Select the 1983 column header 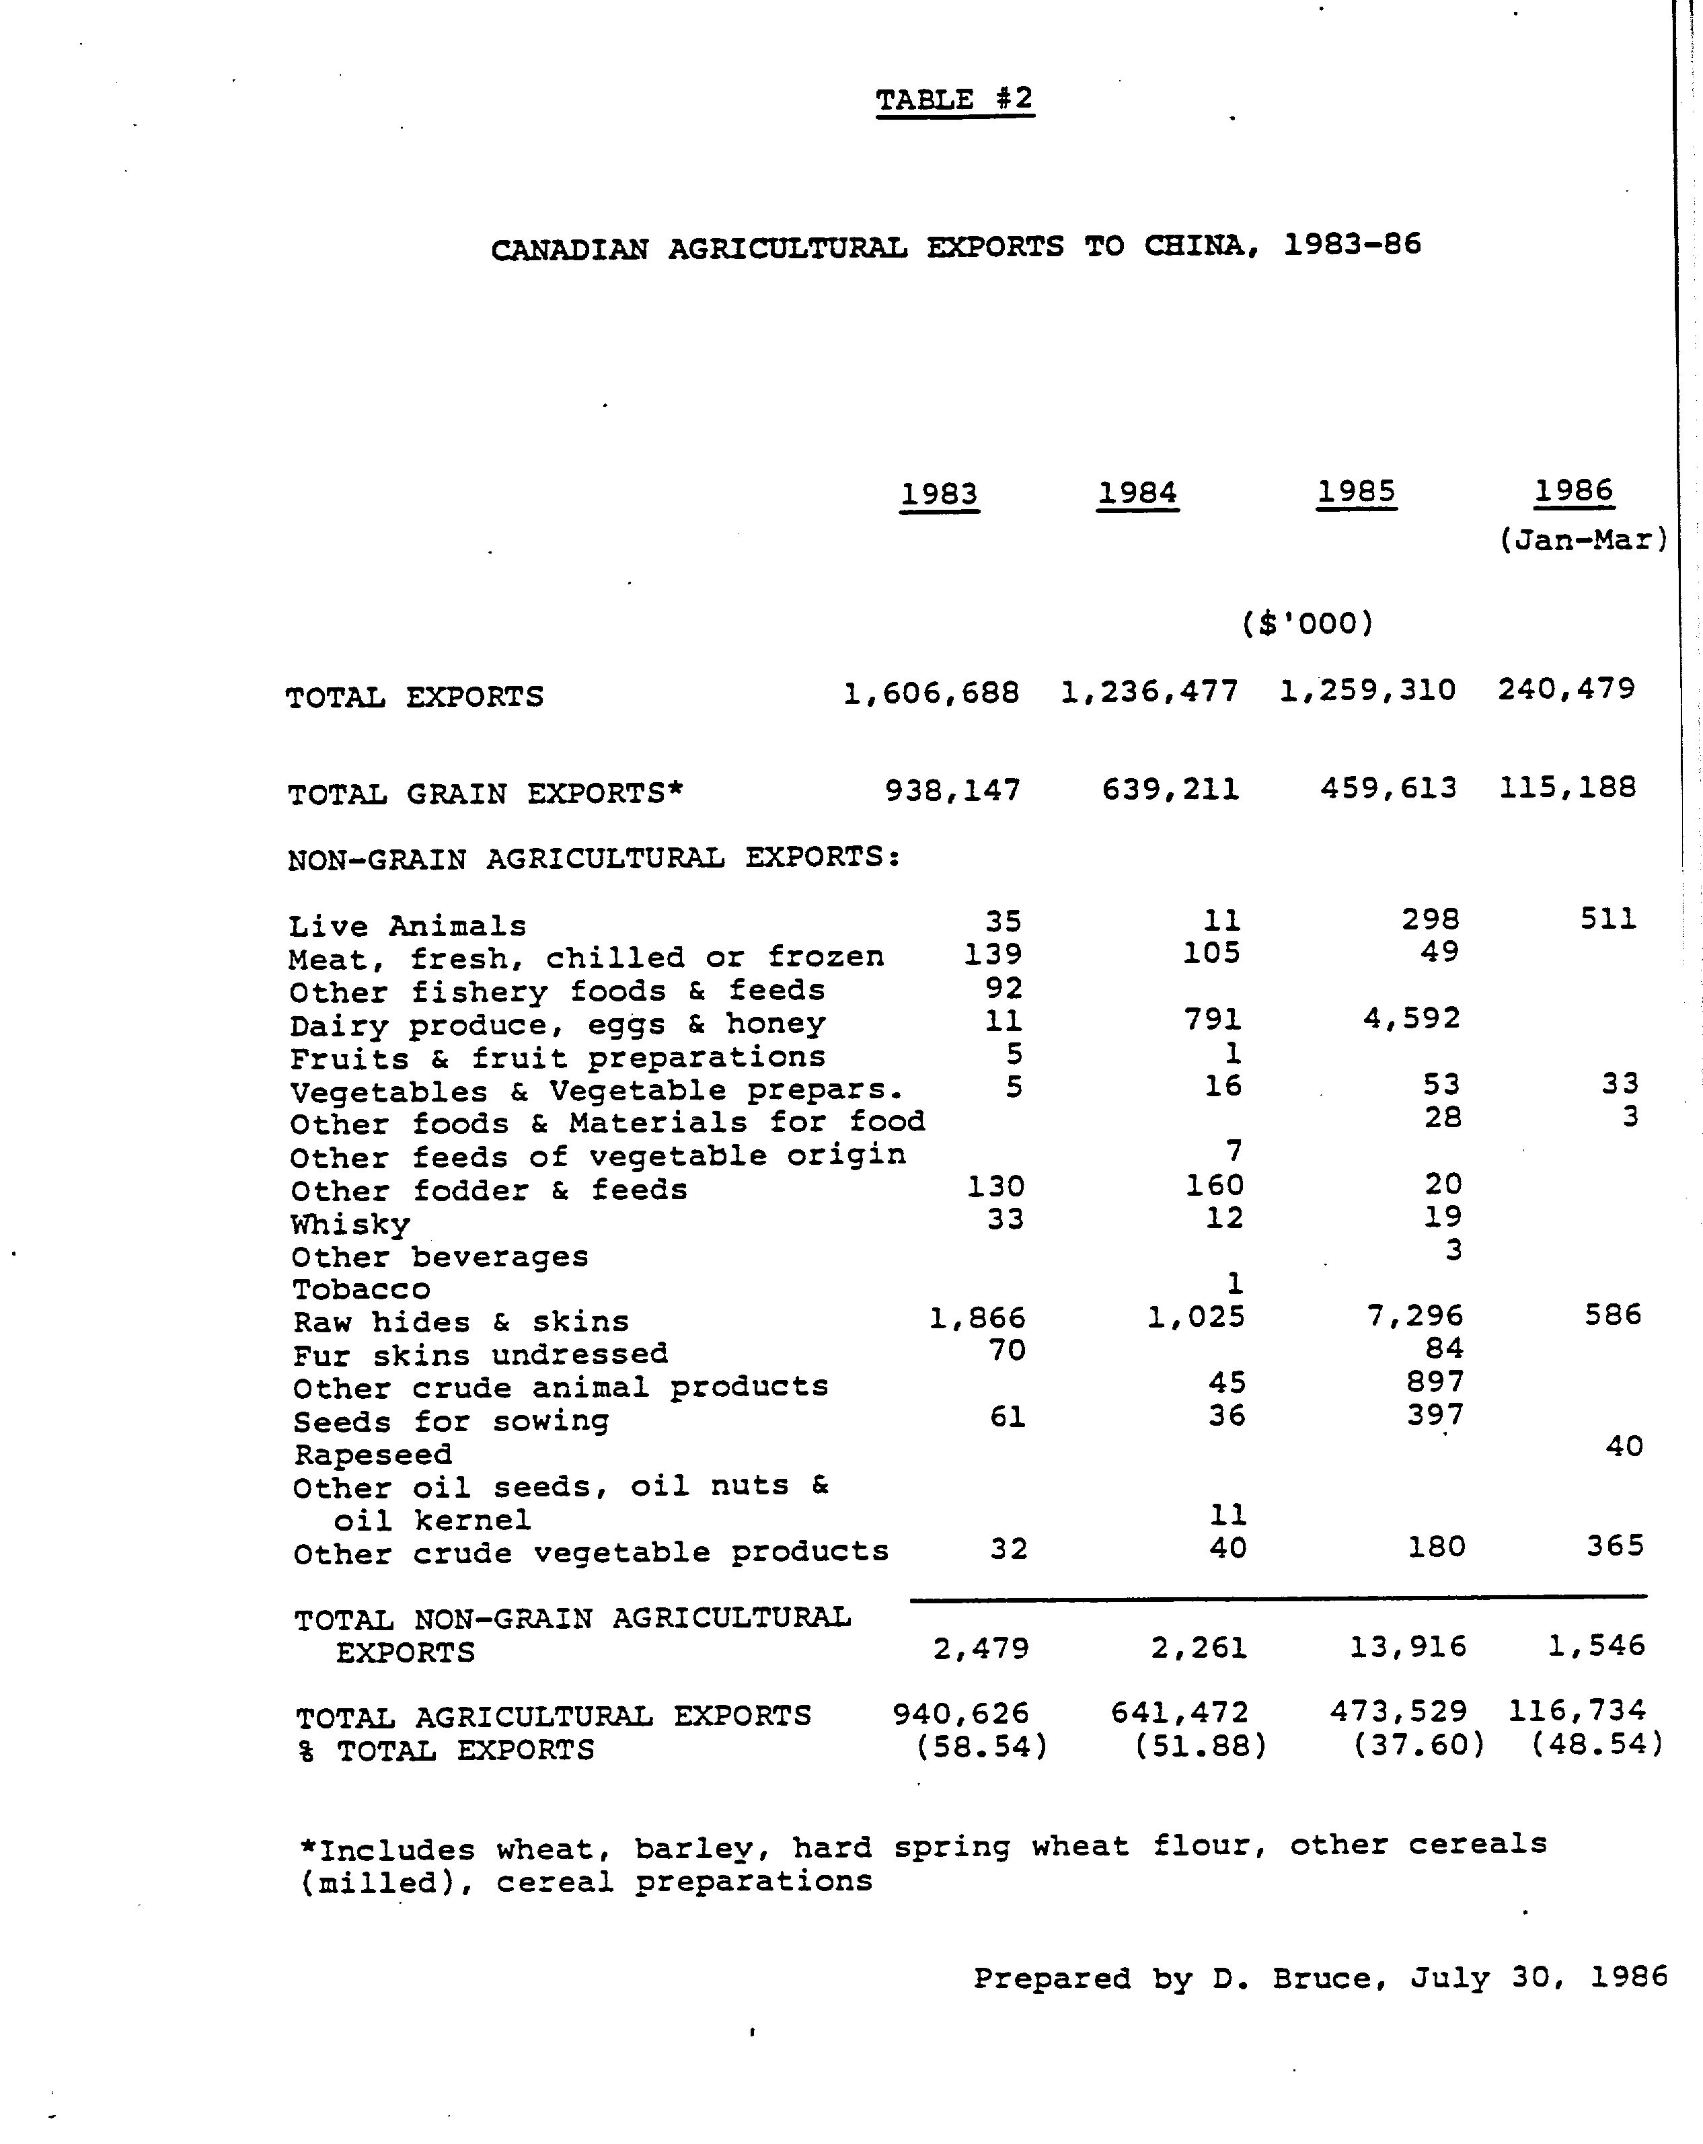[x=939, y=494]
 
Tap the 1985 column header [x=1356, y=492]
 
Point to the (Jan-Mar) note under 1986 [x=1582, y=540]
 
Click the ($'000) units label [x=1307, y=623]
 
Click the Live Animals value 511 [x=1607, y=918]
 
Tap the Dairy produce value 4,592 [x=1412, y=1018]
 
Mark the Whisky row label [x=350, y=1224]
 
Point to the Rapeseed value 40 [x=1624, y=1446]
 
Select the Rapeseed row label [x=373, y=1455]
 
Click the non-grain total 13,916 [x=1408, y=1647]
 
